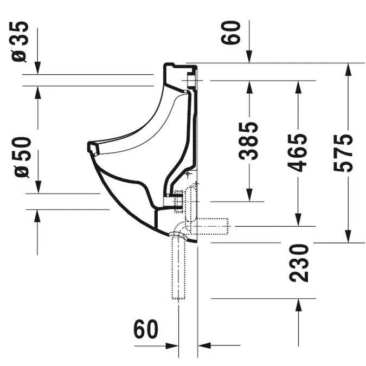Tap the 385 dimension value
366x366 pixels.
(x=249, y=140)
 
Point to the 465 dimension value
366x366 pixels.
(x=298, y=152)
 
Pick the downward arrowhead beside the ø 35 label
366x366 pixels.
(x=37, y=68)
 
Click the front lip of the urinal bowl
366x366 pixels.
(x=92, y=149)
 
